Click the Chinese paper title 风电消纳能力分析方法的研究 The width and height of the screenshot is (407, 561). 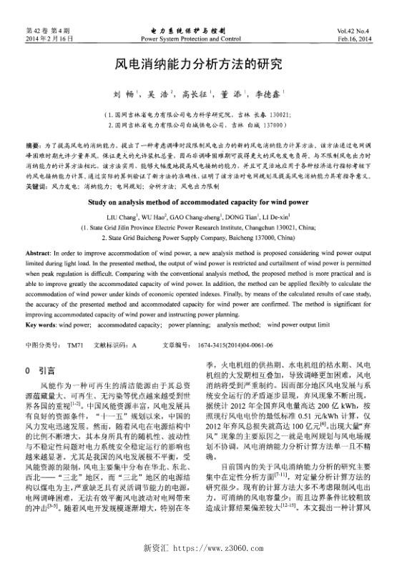click(203, 63)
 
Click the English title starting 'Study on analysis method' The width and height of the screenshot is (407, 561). click(203, 202)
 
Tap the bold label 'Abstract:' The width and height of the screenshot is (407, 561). click(39, 254)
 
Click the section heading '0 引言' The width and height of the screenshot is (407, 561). click(41, 371)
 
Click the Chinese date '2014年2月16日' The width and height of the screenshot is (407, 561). click(47, 39)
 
